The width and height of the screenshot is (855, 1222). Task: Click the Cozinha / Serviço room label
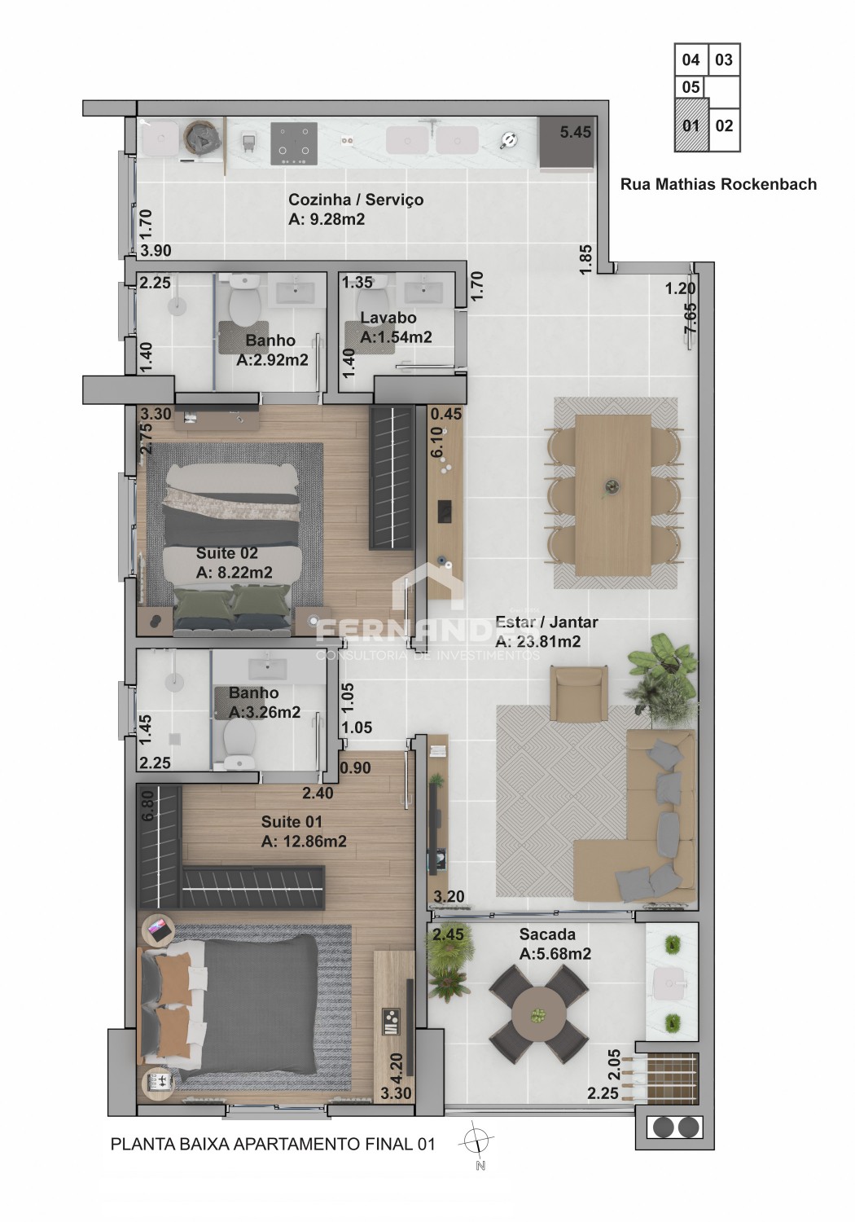coord(356,200)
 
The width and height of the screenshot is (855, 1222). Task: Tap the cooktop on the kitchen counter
coord(294,144)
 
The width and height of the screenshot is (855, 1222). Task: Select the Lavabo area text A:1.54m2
coord(396,337)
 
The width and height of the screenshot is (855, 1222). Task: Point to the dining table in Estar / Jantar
coord(613,495)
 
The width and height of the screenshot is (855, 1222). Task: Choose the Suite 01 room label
coord(292,821)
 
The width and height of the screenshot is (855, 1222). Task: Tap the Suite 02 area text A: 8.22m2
coord(234,573)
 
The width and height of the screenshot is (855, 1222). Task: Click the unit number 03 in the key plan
coord(724,59)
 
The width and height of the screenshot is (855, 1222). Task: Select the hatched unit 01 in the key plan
coord(691,125)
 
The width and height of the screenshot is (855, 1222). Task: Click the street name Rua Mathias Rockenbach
coord(719,184)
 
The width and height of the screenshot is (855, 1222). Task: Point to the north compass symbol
coord(477,1141)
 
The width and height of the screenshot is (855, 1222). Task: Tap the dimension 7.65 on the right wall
coord(691,318)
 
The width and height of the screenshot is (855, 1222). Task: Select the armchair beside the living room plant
coord(579,692)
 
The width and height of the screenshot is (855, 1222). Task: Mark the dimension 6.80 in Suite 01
coord(147,806)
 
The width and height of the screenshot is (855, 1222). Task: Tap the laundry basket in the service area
coord(202,138)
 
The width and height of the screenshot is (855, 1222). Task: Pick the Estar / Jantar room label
coord(546,622)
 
